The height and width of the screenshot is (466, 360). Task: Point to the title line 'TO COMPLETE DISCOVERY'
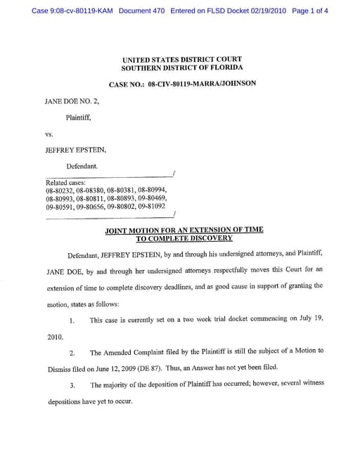pyautogui.click(x=184, y=238)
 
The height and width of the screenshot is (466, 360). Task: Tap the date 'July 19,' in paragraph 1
pyautogui.click(x=309, y=319)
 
